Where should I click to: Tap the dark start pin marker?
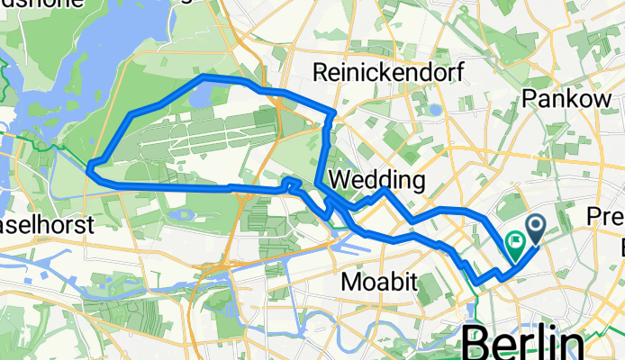535,229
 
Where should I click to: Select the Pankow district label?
561,97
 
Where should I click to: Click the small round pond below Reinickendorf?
435,111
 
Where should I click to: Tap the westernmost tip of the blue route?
88,165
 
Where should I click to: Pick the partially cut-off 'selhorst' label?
45,225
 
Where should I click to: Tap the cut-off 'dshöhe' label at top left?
27,4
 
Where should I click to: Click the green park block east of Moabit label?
433,286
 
